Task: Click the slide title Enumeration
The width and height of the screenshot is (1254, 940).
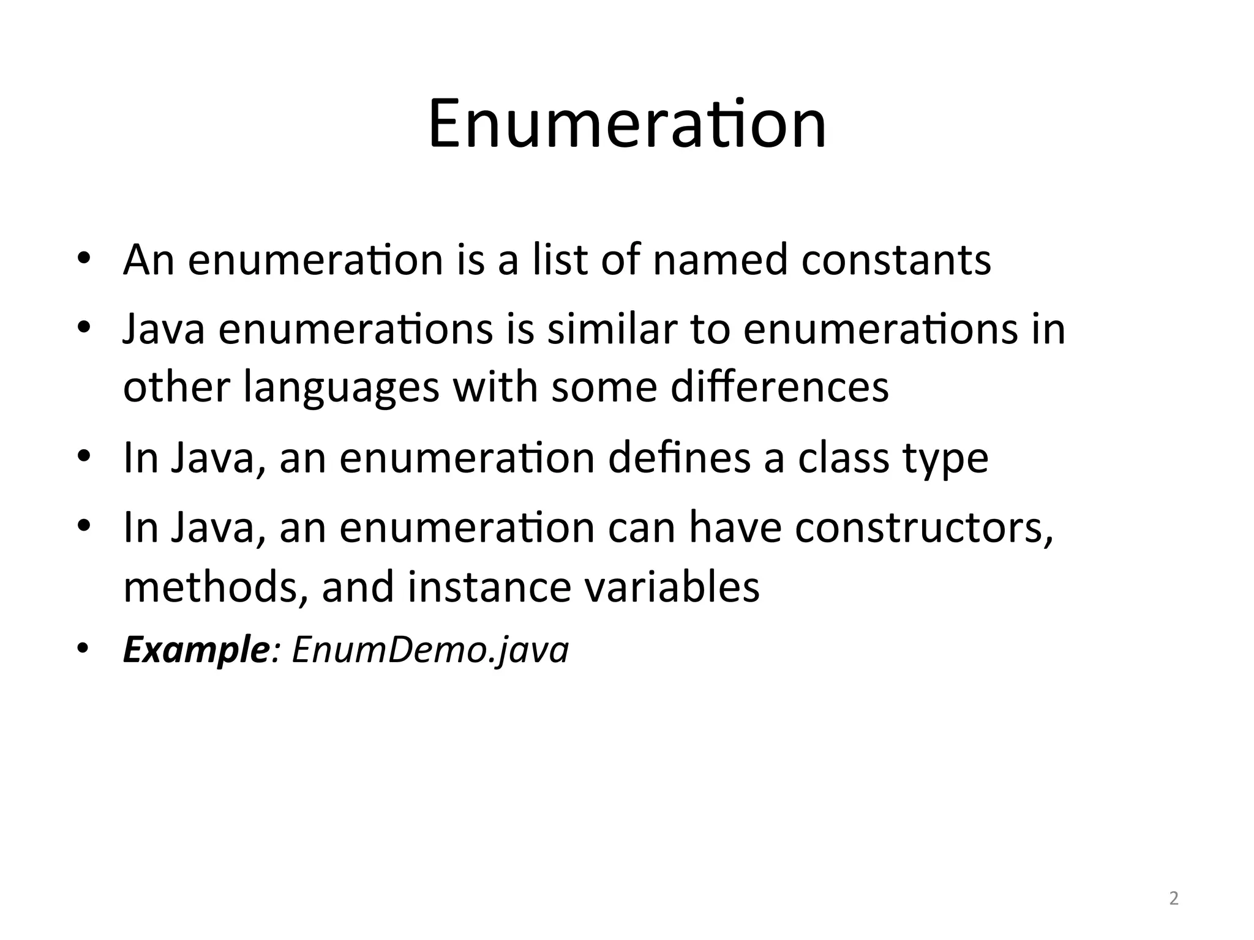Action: pyautogui.click(x=627, y=125)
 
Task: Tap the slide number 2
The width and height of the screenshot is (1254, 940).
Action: pyautogui.click(x=1173, y=899)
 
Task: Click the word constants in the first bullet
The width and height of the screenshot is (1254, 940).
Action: pyautogui.click(x=896, y=260)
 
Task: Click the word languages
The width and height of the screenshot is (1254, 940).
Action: pyautogui.click(x=341, y=388)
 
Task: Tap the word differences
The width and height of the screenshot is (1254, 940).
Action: pyautogui.click(x=779, y=387)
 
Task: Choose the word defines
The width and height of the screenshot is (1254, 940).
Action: pyautogui.click(x=679, y=458)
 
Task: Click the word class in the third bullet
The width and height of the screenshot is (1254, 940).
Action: pyautogui.click(x=843, y=458)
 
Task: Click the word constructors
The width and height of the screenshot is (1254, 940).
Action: pyautogui.click(x=924, y=528)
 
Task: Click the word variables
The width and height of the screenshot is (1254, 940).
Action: pyautogui.click(x=672, y=586)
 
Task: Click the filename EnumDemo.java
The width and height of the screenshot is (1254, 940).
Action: pyautogui.click(x=430, y=651)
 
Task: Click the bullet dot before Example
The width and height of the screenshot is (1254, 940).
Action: pyautogui.click(x=84, y=648)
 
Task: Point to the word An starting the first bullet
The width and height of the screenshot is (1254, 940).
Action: pyautogui.click(x=148, y=260)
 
